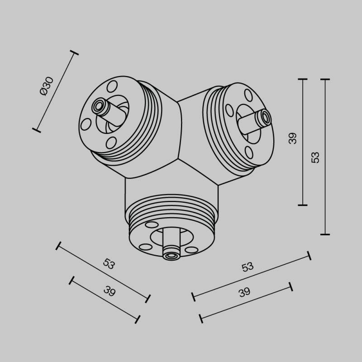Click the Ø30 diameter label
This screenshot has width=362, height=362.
(47, 86)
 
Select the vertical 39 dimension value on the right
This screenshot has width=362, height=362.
(293, 138)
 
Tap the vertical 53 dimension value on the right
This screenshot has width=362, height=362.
(315, 157)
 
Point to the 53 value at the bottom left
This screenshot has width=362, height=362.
(109, 264)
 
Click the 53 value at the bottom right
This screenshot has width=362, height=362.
(248, 267)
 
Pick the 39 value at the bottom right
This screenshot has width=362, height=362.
(244, 292)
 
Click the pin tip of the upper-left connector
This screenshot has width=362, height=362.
(98, 107)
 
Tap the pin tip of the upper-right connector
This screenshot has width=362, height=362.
(265, 119)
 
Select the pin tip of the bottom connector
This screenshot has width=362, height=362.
(171, 256)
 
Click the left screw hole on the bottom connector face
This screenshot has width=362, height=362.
(146, 247)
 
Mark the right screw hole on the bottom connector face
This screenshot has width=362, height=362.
(192, 250)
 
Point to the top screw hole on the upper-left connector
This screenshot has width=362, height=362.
(111, 86)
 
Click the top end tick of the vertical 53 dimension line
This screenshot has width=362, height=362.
(324, 79)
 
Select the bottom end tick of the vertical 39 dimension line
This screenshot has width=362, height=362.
(303, 205)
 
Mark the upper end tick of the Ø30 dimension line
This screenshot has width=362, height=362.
(74, 53)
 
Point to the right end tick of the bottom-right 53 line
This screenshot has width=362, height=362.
(309, 255)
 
